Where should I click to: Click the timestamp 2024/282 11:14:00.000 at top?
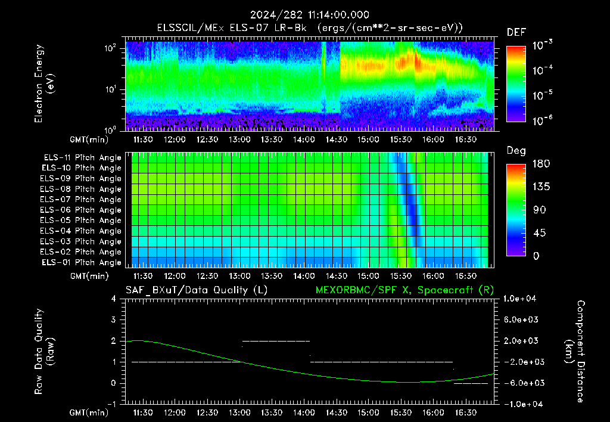point(309,15)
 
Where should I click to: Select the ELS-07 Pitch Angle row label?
point(80,199)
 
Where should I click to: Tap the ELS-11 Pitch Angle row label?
point(82,158)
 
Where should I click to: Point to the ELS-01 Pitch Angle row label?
point(82,262)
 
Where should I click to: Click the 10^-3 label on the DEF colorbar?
point(542,45)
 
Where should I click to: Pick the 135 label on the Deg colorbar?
point(541,187)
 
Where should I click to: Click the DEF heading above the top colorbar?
point(516,32)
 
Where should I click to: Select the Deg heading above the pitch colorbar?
point(516,151)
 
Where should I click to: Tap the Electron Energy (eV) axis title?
point(44,83)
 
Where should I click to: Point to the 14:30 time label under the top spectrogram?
point(336,139)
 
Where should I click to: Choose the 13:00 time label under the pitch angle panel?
point(239,276)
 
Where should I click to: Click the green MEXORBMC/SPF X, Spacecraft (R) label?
point(404,290)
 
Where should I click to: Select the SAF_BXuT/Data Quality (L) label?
point(197,290)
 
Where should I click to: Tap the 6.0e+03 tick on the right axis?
point(521,319)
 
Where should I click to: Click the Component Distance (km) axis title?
point(575,352)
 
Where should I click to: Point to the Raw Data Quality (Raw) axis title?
point(44,352)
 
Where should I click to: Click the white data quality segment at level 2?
point(276,341)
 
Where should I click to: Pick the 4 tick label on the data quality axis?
point(114,299)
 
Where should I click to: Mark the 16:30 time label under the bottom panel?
point(466,412)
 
